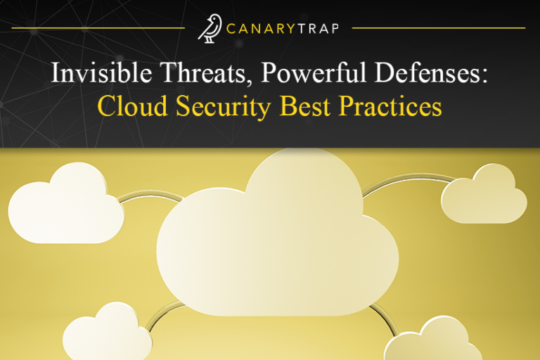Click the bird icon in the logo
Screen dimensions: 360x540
coord(209,28)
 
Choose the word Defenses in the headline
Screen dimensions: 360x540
coord(428,75)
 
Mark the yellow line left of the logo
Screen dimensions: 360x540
coord(98,28)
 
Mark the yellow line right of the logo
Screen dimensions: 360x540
coord(439,28)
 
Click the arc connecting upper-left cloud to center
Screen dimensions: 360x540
coord(145,198)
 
